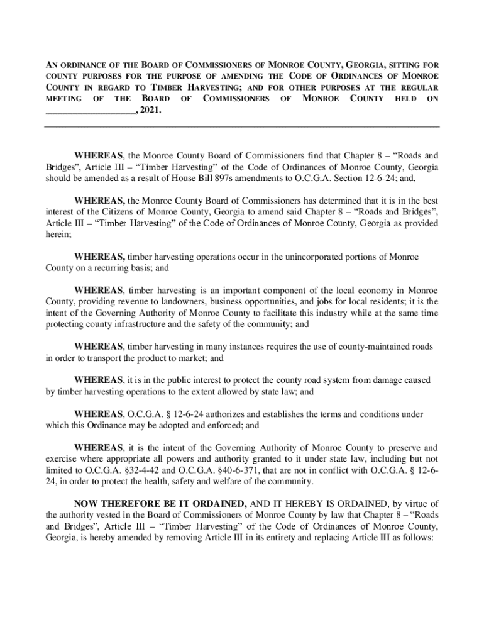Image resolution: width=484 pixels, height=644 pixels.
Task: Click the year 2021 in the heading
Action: tap(150, 111)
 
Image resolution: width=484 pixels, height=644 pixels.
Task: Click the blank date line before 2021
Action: tap(90, 111)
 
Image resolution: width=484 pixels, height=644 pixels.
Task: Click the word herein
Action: tap(58, 234)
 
